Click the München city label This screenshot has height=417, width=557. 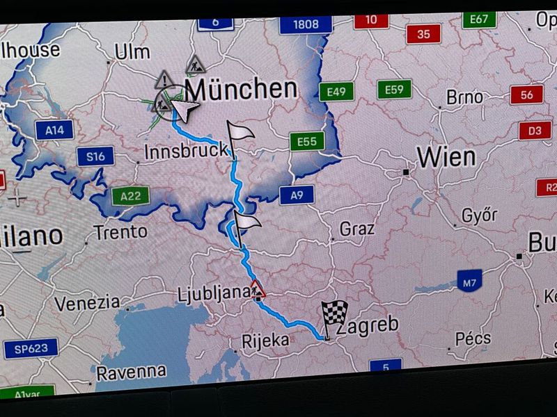(x=242, y=89)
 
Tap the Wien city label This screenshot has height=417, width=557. (x=446, y=157)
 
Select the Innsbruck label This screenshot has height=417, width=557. (x=186, y=150)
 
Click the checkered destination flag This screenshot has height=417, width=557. (x=333, y=316)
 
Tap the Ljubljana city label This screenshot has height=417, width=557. (x=212, y=293)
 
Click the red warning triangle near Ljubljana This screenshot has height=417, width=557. (x=258, y=288)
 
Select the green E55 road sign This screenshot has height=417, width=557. (x=307, y=142)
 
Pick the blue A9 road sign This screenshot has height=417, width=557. (x=297, y=195)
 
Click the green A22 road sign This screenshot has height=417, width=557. (x=130, y=196)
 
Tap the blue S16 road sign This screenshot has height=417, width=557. (x=95, y=156)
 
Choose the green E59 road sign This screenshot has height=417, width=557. (x=394, y=89)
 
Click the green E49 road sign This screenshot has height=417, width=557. (x=337, y=91)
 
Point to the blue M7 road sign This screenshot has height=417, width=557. (x=470, y=282)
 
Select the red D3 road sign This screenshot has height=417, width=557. (x=535, y=130)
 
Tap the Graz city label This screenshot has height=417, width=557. (x=357, y=228)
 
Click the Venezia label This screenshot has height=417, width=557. (x=87, y=303)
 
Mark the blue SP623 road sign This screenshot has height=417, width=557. (x=31, y=348)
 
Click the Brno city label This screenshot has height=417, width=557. (x=464, y=97)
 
